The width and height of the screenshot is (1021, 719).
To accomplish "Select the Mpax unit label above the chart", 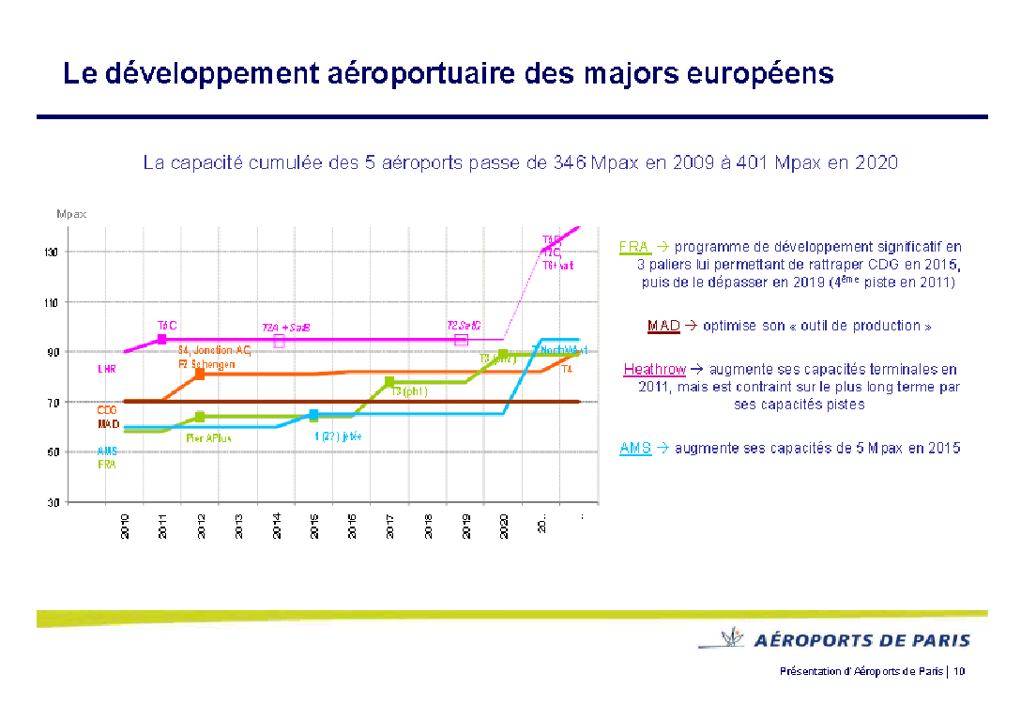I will click(x=71, y=214).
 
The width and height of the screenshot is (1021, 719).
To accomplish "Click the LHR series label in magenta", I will click(x=107, y=369).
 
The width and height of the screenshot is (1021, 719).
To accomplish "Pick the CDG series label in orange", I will click(x=107, y=410).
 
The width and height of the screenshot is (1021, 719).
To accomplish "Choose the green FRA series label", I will click(x=107, y=464).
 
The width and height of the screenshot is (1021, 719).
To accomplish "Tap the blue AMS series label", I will click(x=107, y=451).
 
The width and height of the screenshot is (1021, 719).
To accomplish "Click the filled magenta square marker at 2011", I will click(x=162, y=339).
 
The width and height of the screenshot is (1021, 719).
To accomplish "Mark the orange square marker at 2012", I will click(x=200, y=374).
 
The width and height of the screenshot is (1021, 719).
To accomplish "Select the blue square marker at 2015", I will click(x=314, y=415).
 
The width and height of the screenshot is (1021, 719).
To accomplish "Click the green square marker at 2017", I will click(x=389, y=382).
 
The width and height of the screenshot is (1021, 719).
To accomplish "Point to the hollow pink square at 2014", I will click(x=279, y=342).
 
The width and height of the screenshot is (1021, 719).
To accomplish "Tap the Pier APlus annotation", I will click(x=209, y=437).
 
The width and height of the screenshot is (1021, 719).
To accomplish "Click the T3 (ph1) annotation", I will click(x=409, y=392).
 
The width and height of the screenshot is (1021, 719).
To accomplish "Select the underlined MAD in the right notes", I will click(x=663, y=326).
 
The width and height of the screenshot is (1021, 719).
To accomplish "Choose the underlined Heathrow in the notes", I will click(x=655, y=370).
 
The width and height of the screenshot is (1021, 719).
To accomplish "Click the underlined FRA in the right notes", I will click(x=634, y=247).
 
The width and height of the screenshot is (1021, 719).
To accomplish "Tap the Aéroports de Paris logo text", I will click(x=862, y=641).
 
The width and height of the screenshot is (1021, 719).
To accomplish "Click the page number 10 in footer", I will click(x=960, y=671).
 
